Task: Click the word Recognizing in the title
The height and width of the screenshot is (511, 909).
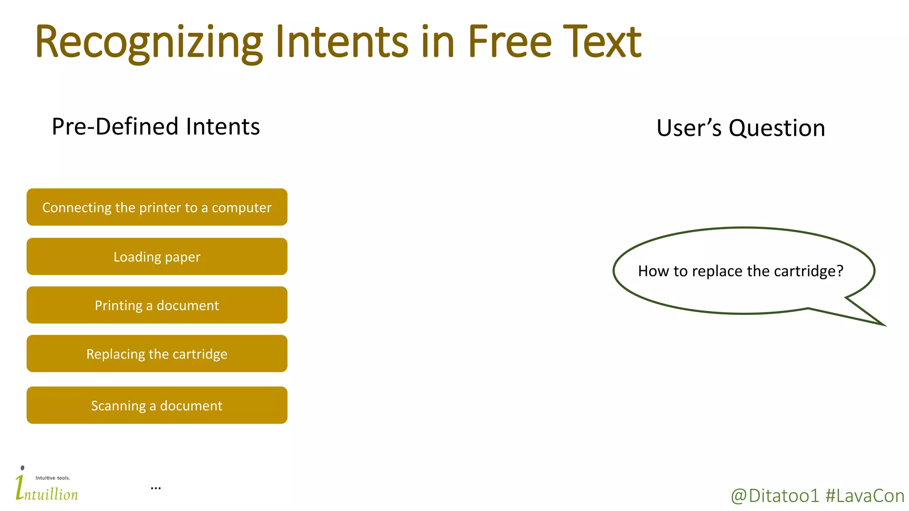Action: (x=149, y=43)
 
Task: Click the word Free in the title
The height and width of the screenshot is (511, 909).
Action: (x=510, y=42)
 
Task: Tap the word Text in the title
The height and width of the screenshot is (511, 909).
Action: (x=602, y=42)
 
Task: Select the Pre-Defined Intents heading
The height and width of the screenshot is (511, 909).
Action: (x=156, y=126)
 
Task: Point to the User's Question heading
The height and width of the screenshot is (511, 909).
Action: (x=740, y=128)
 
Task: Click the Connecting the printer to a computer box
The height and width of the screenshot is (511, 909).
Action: (x=157, y=207)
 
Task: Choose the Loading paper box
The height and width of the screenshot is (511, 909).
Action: (x=157, y=256)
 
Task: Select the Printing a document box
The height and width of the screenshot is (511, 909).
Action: (x=157, y=305)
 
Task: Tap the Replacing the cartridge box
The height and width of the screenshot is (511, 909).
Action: (x=157, y=354)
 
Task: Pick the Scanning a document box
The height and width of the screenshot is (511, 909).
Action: (x=157, y=405)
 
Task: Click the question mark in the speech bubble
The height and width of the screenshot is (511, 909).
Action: (x=839, y=271)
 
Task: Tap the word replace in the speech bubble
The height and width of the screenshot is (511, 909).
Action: (x=717, y=271)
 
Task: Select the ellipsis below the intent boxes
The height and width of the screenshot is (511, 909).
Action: (x=156, y=488)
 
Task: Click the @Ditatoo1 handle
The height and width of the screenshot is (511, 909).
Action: (x=775, y=496)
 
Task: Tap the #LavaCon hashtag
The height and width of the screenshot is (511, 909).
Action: (x=865, y=496)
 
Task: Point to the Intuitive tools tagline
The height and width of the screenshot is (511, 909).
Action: (x=53, y=478)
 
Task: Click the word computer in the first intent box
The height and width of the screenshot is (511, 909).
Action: (x=241, y=208)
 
